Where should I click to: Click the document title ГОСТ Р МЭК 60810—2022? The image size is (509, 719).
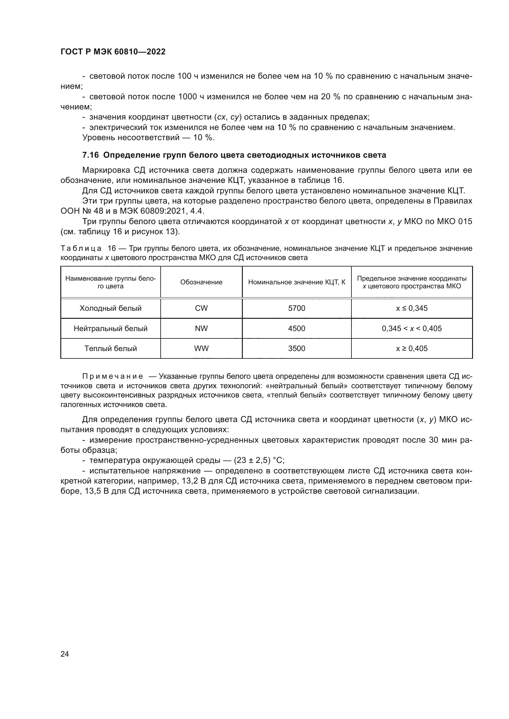(113, 52)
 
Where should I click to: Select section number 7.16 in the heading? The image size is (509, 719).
(90, 155)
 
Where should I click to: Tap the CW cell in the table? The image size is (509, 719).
(201, 308)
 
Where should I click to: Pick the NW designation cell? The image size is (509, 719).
(201, 328)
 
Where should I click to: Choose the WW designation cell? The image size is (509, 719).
(201, 348)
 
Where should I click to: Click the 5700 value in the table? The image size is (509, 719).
(296, 308)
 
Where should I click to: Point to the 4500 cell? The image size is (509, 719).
(296, 328)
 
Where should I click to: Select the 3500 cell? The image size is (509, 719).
(296, 348)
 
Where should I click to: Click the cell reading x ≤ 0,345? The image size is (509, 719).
(411, 308)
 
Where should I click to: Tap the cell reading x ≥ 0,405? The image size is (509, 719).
(411, 348)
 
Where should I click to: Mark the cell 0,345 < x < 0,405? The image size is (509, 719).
(411, 328)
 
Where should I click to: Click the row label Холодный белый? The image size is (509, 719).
(110, 308)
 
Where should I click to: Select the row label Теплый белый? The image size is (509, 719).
(110, 348)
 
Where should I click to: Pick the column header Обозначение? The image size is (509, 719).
(201, 282)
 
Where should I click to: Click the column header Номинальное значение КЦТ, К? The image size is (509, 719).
(296, 282)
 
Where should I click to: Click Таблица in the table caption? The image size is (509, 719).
(81, 248)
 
